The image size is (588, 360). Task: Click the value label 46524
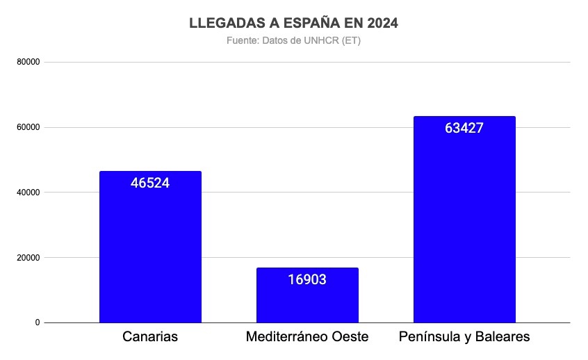coord(150,183)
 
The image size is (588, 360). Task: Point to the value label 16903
coord(307,279)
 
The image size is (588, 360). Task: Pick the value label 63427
coord(464,128)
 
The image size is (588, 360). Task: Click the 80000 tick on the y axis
coord(28,62)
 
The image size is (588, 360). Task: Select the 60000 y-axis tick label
coord(28,127)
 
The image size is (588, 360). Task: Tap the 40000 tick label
coord(28,193)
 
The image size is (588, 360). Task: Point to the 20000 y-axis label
coord(28,258)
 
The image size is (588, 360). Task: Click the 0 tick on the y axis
coord(37,322)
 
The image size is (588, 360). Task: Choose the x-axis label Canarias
coord(150,337)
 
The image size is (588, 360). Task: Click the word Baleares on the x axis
coord(502,337)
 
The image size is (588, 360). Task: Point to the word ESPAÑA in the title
coord(311,23)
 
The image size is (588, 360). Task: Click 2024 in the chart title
coord(383,23)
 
